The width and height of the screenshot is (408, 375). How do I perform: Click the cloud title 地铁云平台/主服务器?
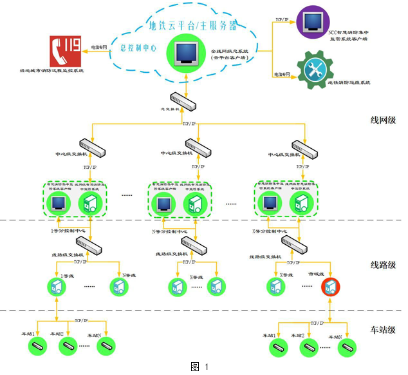click(x=193, y=26)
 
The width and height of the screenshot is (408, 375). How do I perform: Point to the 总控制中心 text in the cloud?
click(x=138, y=48)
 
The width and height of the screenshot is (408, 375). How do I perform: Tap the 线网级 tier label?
click(x=384, y=120)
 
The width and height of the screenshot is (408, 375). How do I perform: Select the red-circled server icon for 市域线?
click(x=331, y=285)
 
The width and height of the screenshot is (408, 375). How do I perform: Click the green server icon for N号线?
click(x=119, y=285)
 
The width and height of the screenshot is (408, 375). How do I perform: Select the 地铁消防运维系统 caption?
click(x=350, y=82)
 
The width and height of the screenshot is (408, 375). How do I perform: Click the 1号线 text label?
click(x=68, y=276)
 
